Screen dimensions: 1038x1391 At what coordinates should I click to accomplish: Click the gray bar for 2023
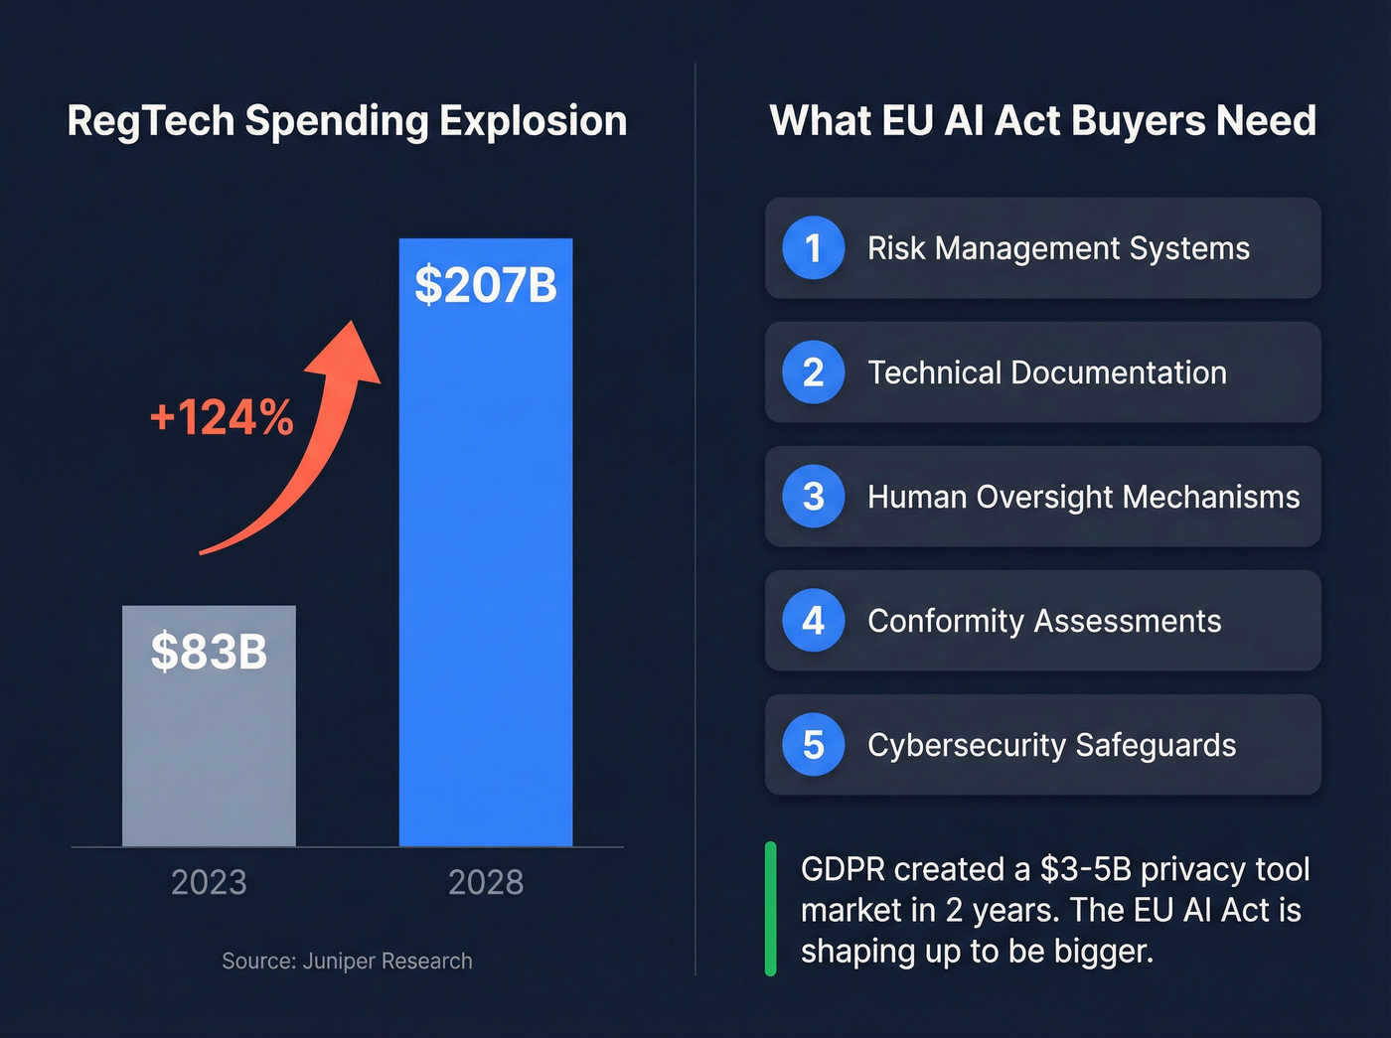(209, 755)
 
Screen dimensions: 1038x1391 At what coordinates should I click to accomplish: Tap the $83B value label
(209, 652)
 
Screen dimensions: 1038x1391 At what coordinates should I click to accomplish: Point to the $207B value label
(486, 285)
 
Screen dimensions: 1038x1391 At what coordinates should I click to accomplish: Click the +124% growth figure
(222, 417)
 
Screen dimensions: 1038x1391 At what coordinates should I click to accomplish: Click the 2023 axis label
(209, 882)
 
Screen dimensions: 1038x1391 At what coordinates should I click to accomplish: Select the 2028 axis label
(486, 882)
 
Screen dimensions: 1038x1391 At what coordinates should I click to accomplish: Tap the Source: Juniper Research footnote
(347, 961)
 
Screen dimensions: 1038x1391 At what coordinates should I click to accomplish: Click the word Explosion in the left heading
(534, 121)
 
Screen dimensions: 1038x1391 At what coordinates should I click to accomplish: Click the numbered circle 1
(813, 248)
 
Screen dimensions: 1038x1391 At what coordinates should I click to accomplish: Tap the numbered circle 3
(813, 496)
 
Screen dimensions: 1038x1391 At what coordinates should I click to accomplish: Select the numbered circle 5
(813, 744)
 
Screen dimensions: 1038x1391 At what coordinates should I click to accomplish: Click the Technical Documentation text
(1047, 372)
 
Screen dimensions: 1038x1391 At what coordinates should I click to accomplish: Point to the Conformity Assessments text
(1044, 621)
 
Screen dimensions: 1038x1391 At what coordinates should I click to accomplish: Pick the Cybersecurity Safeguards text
(1051, 745)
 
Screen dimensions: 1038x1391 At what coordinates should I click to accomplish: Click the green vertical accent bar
(770, 909)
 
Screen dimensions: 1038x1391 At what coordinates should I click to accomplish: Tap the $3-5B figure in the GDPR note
(1086, 869)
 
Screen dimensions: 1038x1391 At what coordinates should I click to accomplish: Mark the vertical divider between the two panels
(695, 517)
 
